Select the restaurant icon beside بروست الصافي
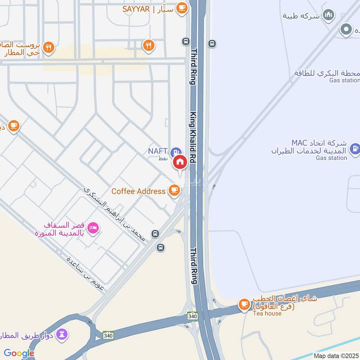(x=49, y=46)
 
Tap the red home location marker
(x=180, y=162)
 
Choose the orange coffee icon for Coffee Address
(x=174, y=191)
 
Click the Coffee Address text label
(x=138, y=191)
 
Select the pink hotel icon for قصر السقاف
(x=93, y=228)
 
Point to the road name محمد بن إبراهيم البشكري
(x=115, y=213)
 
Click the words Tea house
(x=267, y=313)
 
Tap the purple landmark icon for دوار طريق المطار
(x=63, y=334)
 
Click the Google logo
(x=19, y=353)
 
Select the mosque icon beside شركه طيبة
(x=329, y=16)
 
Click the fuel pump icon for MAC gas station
(x=355, y=148)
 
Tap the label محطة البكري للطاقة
(x=327, y=73)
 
